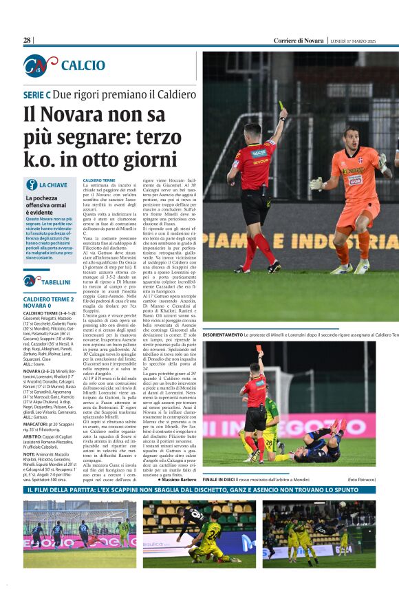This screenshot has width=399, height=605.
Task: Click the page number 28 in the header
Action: tap(28, 41)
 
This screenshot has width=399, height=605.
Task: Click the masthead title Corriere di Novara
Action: tap(299, 41)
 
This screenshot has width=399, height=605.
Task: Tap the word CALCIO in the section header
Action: tap(83, 65)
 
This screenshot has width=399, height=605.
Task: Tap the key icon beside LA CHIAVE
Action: tap(31, 184)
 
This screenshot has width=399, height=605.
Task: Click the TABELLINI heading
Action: tap(55, 282)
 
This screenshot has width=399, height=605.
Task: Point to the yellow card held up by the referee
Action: tap(281, 105)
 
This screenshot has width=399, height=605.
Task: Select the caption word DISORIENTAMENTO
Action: tap(222, 334)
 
